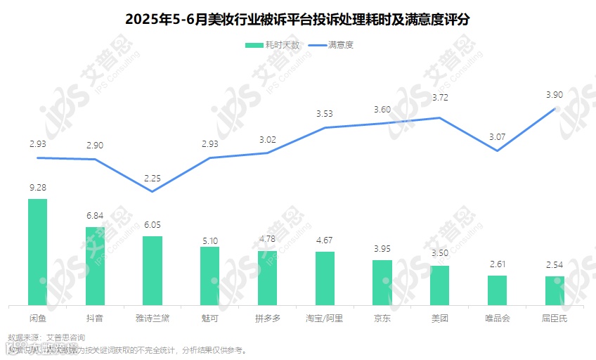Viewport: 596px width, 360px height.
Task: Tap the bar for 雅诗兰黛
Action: [x=153, y=271]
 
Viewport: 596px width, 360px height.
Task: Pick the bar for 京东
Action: [x=382, y=282]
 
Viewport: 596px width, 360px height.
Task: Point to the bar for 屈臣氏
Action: [x=555, y=290]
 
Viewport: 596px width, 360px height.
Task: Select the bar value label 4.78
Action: [x=267, y=239]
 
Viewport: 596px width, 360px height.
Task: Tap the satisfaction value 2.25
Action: [x=153, y=179]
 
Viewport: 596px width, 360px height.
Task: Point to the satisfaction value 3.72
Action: [x=440, y=97]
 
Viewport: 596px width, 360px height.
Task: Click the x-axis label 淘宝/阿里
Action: [x=325, y=318]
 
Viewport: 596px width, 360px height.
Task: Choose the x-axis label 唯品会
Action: [x=497, y=318]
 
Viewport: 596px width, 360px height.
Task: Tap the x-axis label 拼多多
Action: [x=267, y=318]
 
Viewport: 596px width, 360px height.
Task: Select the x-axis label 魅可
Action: [x=209, y=318]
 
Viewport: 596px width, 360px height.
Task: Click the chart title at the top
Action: [x=298, y=19]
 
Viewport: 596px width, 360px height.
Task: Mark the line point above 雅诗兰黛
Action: [x=153, y=191]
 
